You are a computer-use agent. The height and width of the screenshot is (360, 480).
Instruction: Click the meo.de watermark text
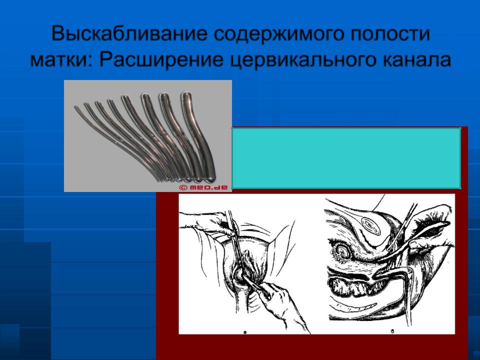point(208,187)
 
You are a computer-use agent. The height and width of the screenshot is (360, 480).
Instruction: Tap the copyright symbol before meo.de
point(183,187)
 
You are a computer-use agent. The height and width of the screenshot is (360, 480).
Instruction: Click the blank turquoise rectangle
point(346,158)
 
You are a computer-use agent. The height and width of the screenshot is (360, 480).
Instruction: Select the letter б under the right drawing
point(392,331)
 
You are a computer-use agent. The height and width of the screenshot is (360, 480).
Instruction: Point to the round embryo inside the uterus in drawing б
point(342,250)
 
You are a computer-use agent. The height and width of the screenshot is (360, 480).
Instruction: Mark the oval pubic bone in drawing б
point(370,225)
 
